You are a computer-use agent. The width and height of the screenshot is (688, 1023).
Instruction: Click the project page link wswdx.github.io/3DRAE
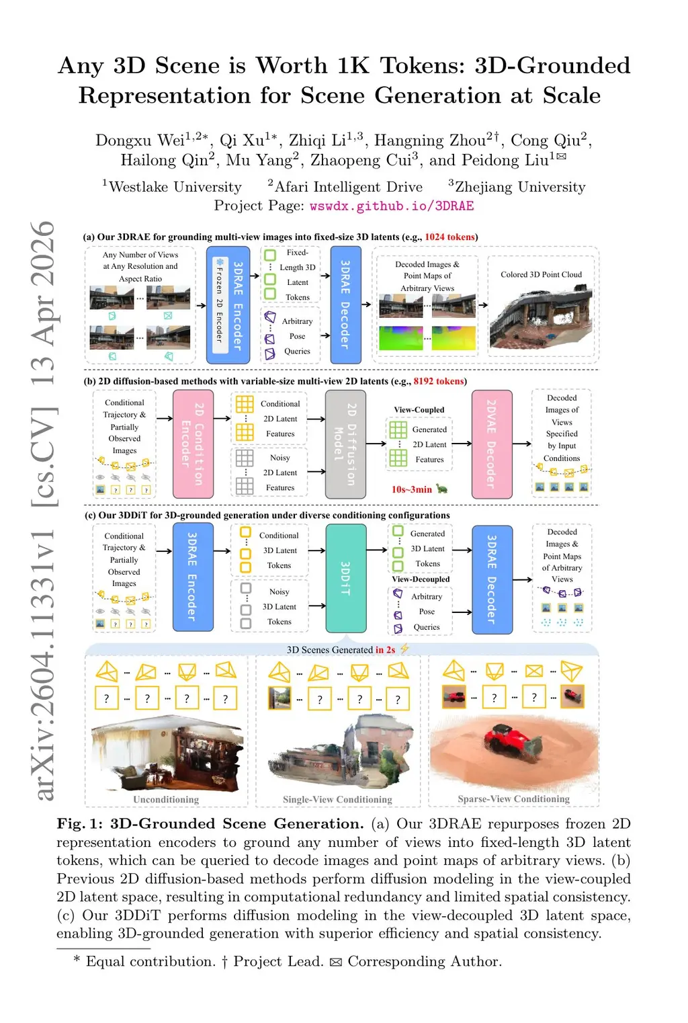[x=392, y=206]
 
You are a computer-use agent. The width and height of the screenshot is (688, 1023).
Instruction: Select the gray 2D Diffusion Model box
[x=345, y=444]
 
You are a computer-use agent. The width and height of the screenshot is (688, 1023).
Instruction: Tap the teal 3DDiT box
[x=345, y=578]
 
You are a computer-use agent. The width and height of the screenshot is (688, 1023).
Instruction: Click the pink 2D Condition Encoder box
[x=193, y=444]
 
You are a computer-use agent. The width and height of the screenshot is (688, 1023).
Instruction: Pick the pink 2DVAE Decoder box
[x=492, y=444]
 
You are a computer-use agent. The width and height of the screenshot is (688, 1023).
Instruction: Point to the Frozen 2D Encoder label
[x=220, y=305]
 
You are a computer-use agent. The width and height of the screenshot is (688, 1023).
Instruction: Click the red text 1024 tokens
[x=449, y=237]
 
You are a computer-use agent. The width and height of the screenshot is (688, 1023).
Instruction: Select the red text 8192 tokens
[x=439, y=381]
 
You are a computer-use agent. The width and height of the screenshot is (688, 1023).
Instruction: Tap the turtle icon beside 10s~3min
[x=442, y=489]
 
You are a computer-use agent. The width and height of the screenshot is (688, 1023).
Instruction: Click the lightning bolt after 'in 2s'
[x=404, y=649]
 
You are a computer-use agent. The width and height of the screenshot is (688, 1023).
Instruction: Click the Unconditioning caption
[x=166, y=799]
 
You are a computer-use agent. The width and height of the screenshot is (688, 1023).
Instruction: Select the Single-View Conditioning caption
[x=337, y=799]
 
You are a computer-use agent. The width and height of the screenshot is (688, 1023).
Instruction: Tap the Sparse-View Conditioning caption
[x=513, y=799]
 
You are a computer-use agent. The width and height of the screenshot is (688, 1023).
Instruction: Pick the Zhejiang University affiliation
[x=520, y=187]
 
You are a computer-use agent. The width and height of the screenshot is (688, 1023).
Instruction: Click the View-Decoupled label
[x=421, y=579]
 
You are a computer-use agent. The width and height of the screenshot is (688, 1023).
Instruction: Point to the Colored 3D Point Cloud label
[x=541, y=274]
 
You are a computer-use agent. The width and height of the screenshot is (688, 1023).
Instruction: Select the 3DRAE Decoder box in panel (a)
[x=345, y=305]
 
